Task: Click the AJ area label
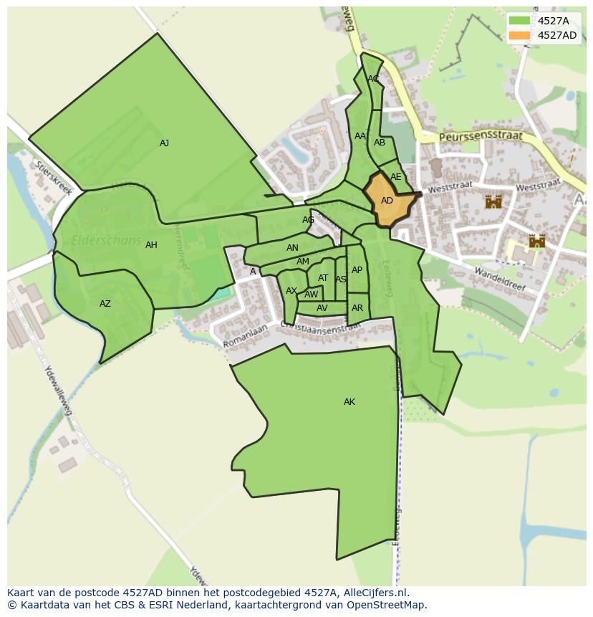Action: pyautogui.click(x=164, y=143)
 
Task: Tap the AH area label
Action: pyautogui.click(x=151, y=245)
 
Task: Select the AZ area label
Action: pyautogui.click(x=105, y=304)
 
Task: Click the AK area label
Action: pyautogui.click(x=349, y=402)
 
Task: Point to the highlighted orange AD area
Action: pyautogui.click(x=387, y=201)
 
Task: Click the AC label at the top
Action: pyautogui.click(x=373, y=79)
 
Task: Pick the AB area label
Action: pyautogui.click(x=380, y=143)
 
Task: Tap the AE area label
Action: pyautogui.click(x=395, y=177)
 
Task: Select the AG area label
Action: pyautogui.click(x=308, y=220)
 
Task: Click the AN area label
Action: pyautogui.click(x=292, y=248)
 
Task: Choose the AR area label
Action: pyautogui.click(x=357, y=308)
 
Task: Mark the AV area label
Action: pyautogui.click(x=322, y=308)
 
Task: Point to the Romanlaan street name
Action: pyautogui.click(x=244, y=335)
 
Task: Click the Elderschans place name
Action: pyautogui.click(x=106, y=241)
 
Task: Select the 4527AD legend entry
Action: pyautogui.click(x=556, y=35)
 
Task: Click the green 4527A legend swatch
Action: pyautogui.click(x=520, y=21)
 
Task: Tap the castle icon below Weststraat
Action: pyautogui.click(x=493, y=201)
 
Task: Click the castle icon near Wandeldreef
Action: pyautogui.click(x=537, y=241)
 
